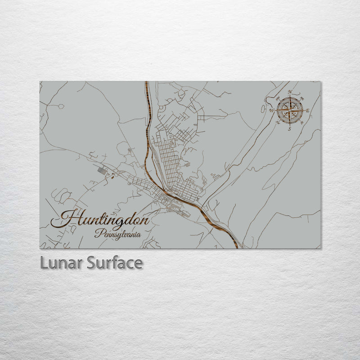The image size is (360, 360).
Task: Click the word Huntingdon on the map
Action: [100, 220]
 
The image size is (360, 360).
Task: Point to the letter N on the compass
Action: [290, 92]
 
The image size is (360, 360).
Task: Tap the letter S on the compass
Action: [289, 129]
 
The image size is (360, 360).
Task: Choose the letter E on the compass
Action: [308, 111]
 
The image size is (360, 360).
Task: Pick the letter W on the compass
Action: [271, 110]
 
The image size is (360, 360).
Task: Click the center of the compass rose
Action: [289, 110]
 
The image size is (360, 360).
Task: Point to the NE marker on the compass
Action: [301, 98]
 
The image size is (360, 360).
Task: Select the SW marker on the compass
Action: [277, 122]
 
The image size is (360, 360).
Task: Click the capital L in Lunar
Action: [44, 262]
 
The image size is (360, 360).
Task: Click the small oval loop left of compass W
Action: [263, 108]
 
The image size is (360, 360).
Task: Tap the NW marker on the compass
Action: [277, 98]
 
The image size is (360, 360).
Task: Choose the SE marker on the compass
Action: [301, 123]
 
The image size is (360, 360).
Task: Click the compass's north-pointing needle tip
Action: [289, 96]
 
